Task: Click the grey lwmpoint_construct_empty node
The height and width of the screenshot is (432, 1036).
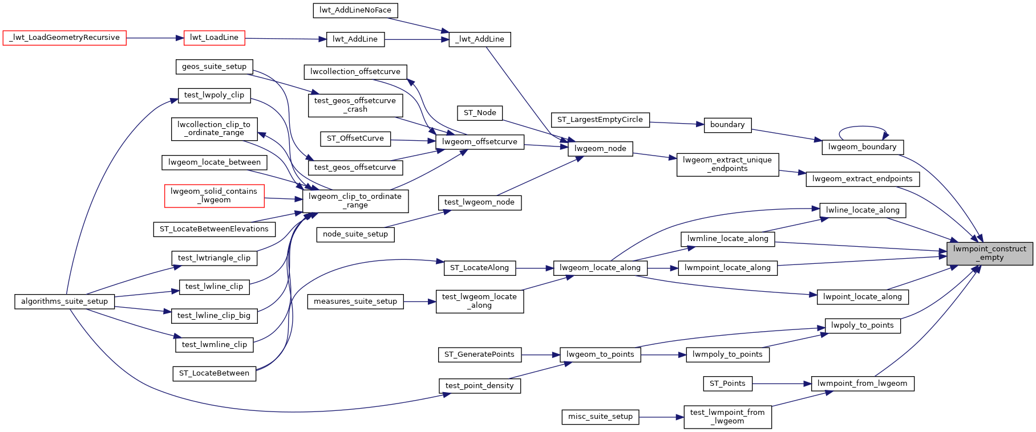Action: (x=989, y=253)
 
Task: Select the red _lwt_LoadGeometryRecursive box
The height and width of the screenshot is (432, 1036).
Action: (x=64, y=38)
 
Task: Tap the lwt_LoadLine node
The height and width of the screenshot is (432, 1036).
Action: (x=214, y=38)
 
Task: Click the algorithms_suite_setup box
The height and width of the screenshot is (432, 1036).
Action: (x=64, y=301)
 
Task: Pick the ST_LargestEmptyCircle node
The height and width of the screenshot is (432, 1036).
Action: (x=600, y=120)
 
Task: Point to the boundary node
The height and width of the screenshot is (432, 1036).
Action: (x=727, y=125)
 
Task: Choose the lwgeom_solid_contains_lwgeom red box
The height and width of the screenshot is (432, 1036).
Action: (x=214, y=195)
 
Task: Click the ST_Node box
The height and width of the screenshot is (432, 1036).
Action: (x=480, y=113)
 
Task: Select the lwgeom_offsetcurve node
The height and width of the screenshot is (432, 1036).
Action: (x=479, y=142)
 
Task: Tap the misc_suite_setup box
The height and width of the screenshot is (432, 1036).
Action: (x=600, y=417)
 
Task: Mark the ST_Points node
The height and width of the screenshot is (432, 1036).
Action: (x=727, y=384)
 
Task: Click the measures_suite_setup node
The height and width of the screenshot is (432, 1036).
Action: (x=355, y=301)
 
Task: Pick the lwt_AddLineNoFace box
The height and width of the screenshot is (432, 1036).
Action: (x=355, y=10)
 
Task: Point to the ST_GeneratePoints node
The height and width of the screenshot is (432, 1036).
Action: (x=479, y=354)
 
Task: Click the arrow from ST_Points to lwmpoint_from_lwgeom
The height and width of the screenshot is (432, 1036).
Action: (x=782, y=384)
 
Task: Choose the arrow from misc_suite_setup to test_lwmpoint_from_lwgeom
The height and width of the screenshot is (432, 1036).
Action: (x=661, y=417)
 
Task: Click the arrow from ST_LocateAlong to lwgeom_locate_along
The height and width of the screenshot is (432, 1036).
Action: (x=535, y=268)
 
